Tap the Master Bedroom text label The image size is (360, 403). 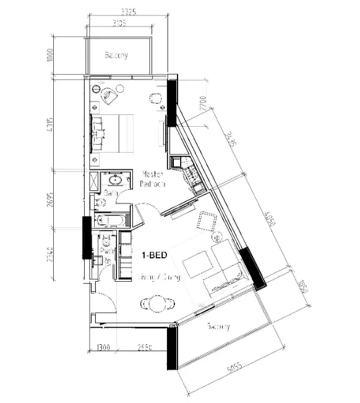click(x=152, y=179)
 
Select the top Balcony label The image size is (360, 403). click(x=116, y=56)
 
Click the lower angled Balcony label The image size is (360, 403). click(x=219, y=326)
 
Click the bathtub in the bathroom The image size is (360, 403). click(x=111, y=219)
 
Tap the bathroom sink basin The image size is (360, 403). click(x=114, y=181)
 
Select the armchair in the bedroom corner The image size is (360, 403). click(x=109, y=95)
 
